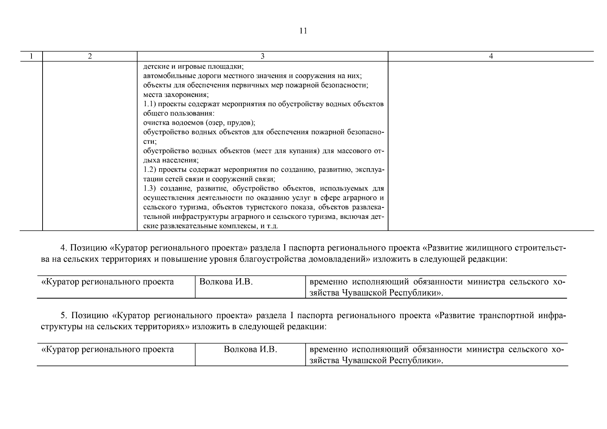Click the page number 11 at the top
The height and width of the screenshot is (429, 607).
pyautogui.click(x=303, y=31)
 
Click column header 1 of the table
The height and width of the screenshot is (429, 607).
pyautogui.click(x=31, y=56)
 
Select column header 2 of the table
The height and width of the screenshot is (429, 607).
pyautogui.click(x=90, y=56)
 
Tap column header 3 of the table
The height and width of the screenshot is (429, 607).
pyautogui.click(x=263, y=56)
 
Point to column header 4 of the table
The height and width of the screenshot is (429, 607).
pyautogui.click(x=491, y=56)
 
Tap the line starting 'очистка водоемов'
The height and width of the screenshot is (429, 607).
pyautogui.click(x=199, y=123)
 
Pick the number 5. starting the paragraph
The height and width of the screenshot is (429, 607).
pyautogui.click(x=64, y=316)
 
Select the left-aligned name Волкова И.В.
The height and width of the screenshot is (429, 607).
pyautogui.click(x=226, y=282)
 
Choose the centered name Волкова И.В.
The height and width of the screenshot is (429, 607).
pyautogui.click(x=250, y=349)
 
